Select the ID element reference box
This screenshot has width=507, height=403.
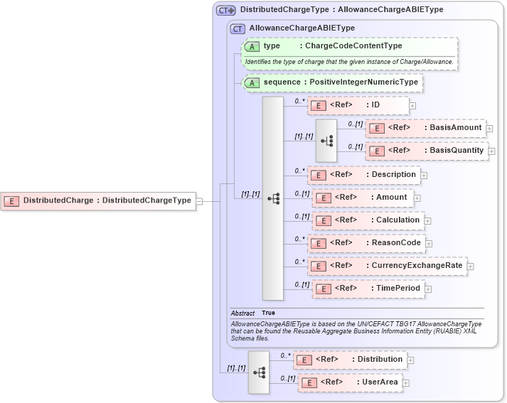click(x=358, y=105)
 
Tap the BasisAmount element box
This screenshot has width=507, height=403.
click(x=426, y=128)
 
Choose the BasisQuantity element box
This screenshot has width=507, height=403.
click(x=427, y=151)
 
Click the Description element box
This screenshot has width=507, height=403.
click(x=363, y=174)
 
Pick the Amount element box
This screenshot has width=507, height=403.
click(x=363, y=197)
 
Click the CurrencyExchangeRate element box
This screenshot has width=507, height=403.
click(x=387, y=266)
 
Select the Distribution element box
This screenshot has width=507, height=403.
click(x=351, y=360)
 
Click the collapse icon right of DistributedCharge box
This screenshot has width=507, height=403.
click(x=200, y=201)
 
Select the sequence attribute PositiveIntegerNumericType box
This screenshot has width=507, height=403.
click(x=333, y=82)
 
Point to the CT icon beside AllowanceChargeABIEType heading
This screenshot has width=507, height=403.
click(x=238, y=28)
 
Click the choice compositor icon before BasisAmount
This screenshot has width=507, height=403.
click(x=326, y=140)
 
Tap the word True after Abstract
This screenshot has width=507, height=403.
click(x=268, y=313)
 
